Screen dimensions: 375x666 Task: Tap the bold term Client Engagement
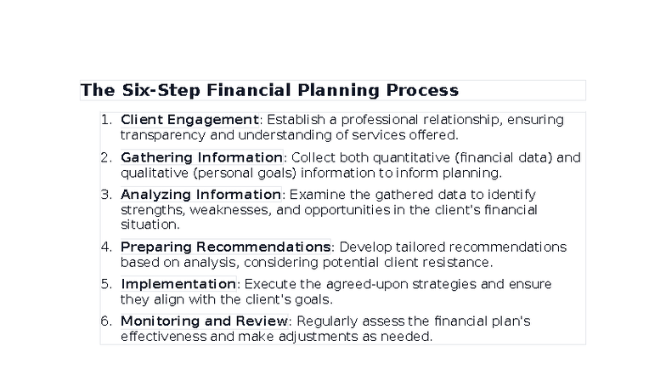pyautogui.click(x=189, y=120)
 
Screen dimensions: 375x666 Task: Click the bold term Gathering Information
pyautogui.click(x=201, y=157)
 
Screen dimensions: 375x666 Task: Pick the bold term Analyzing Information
pyautogui.click(x=200, y=195)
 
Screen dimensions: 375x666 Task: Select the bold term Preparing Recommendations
pyautogui.click(x=225, y=247)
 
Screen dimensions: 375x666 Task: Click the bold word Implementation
pyautogui.click(x=178, y=284)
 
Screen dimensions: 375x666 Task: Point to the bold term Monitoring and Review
pyautogui.click(x=204, y=321)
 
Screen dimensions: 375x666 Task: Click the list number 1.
pyautogui.click(x=105, y=120)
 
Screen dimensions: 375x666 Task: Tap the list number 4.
pyautogui.click(x=105, y=247)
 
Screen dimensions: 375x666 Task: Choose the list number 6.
pyautogui.click(x=105, y=321)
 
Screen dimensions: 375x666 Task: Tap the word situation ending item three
pyautogui.click(x=150, y=224)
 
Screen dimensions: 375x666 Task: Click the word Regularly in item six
pyautogui.click(x=325, y=321)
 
